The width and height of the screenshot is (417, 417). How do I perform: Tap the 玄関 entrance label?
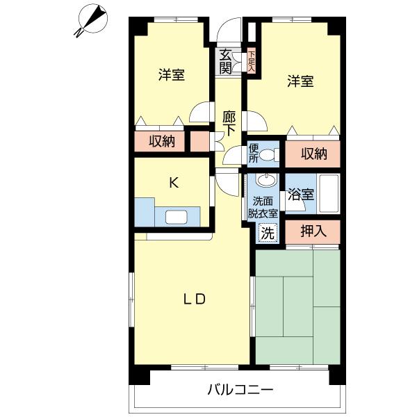point(225,61)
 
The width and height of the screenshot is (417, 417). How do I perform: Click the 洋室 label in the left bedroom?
point(171,74)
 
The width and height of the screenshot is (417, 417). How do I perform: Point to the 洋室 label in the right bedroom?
point(300,81)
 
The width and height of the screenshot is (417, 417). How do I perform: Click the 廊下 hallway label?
point(229,123)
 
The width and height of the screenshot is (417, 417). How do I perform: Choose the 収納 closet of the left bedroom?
point(162,141)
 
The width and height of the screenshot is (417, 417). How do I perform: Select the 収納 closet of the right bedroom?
point(313,154)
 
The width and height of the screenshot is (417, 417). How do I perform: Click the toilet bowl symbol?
point(270,154)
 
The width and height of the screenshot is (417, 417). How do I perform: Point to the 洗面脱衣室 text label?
point(264,207)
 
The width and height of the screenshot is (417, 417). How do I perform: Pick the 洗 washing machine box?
point(267,234)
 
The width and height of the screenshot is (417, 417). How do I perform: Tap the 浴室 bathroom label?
point(300,195)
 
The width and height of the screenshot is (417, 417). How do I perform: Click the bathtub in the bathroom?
point(327,194)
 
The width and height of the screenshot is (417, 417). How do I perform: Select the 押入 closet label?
point(313,231)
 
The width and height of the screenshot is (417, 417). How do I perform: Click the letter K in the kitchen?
point(174,183)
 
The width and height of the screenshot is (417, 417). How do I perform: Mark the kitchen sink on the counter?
point(176,217)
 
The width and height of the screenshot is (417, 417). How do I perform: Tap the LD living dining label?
point(194,299)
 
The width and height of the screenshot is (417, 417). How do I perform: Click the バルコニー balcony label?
point(240,389)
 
